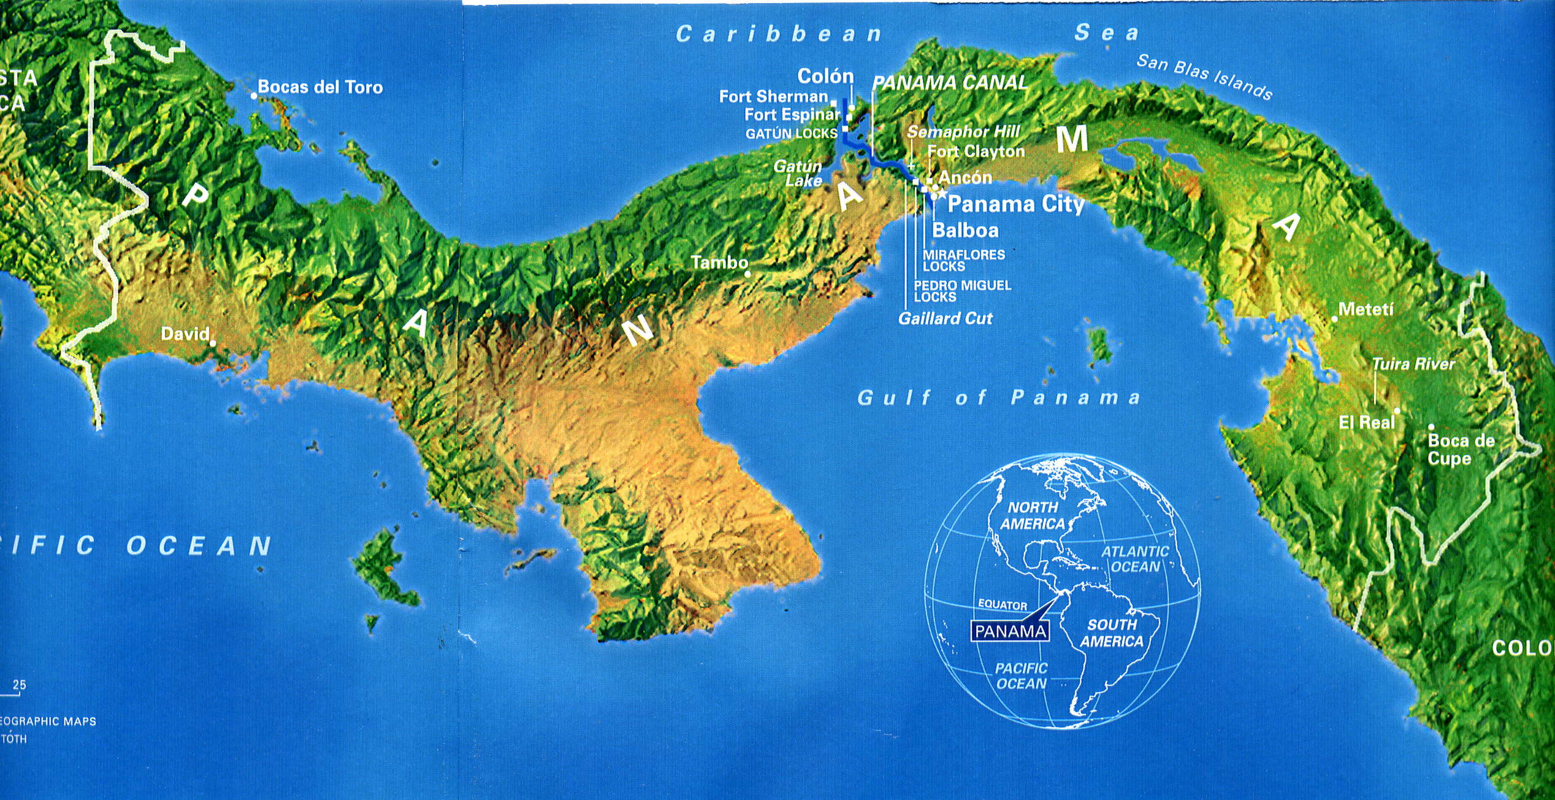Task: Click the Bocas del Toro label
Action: click(x=319, y=87)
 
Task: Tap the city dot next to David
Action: click(x=213, y=343)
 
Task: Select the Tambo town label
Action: click(x=719, y=263)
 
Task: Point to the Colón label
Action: click(x=825, y=76)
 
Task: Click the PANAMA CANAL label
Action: click(x=950, y=83)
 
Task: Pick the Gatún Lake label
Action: click(x=799, y=173)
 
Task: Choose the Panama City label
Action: click(x=1016, y=204)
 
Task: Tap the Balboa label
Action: click(x=965, y=231)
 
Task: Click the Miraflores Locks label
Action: click(x=963, y=260)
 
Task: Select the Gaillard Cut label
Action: click(x=945, y=318)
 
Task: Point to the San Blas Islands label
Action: click(x=1204, y=76)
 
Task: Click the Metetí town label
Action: click(x=1366, y=309)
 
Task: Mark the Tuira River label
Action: click(x=1413, y=364)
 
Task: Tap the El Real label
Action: click(x=1366, y=422)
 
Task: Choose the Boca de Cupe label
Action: click(x=1461, y=449)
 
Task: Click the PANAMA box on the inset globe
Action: click(x=1009, y=631)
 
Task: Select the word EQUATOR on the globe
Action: click(x=1003, y=605)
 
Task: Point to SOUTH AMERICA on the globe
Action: click(x=1112, y=633)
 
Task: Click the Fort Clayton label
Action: click(x=976, y=152)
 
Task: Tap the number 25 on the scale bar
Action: click(x=19, y=685)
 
